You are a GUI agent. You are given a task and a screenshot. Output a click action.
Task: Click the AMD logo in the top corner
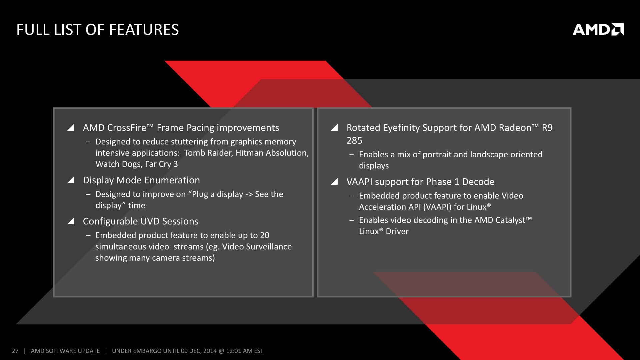click(x=598, y=29)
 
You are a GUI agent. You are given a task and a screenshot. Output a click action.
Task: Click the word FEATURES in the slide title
click(x=144, y=30)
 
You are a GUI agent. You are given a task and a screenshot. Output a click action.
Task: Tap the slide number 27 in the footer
click(x=15, y=351)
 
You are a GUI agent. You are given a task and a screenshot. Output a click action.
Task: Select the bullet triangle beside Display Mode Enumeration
click(x=71, y=180)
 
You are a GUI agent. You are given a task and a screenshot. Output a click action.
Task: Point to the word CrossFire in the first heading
click(x=127, y=128)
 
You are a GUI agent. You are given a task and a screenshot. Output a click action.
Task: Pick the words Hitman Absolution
click(x=272, y=153)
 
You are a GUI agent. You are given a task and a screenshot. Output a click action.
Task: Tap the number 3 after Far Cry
click(x=176, y=164)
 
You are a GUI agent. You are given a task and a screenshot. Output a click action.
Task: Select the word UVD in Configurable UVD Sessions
click(x=150, y=221)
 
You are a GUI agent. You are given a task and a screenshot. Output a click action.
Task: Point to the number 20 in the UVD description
click(x=265, y=235)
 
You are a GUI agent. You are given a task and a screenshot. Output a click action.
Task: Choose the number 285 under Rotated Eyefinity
click(x=354, y=141)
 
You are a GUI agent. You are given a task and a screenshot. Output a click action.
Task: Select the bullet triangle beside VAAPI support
click(x=334, y=182)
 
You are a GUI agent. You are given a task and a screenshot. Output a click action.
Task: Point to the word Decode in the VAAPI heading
click(x=478, y=182)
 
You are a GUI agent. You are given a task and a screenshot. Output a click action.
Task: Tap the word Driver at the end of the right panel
click(x=397, y=231)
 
